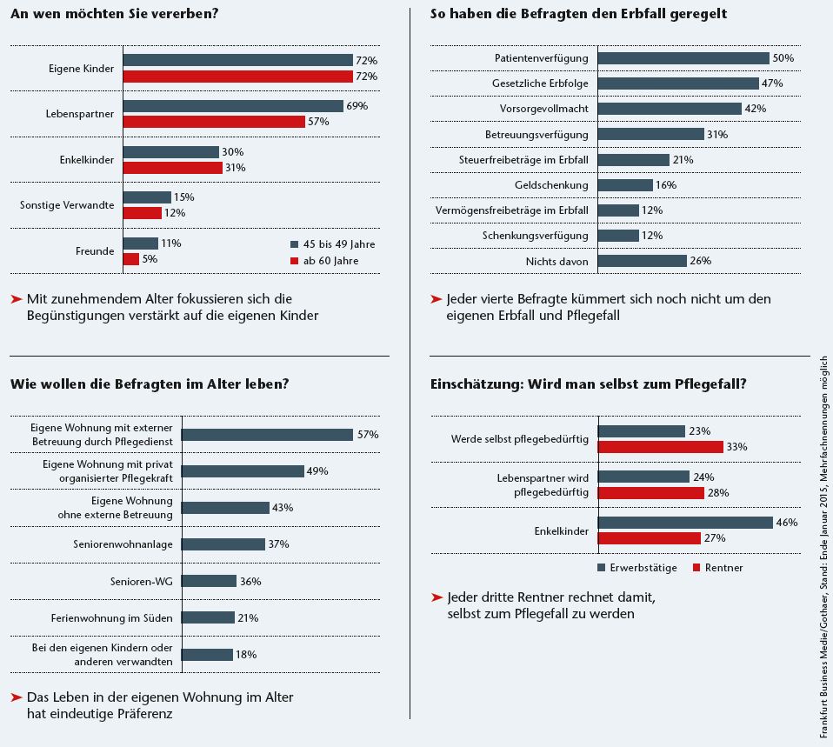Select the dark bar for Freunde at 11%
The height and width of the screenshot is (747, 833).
[141, 243]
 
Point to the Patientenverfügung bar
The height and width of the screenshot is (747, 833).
[683, 58]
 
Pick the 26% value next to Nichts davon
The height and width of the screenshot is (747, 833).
[701, 261]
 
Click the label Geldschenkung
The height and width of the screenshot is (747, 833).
[551, 185]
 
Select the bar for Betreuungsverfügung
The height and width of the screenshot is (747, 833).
[650, 135]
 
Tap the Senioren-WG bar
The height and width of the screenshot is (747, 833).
[210, 581]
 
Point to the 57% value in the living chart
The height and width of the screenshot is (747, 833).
[367, 435]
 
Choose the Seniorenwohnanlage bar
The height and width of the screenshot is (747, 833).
[223, 544]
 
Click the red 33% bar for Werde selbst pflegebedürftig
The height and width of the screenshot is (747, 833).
[661, 447]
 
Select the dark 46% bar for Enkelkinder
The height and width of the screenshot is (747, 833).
[685, 523]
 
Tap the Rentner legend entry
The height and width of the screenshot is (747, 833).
[717, 568]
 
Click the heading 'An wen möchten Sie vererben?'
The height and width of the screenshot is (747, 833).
[114, 14]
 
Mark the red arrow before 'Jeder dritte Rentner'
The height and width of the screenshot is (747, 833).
[436, 597]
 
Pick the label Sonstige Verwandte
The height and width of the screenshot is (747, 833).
[67, 205]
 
